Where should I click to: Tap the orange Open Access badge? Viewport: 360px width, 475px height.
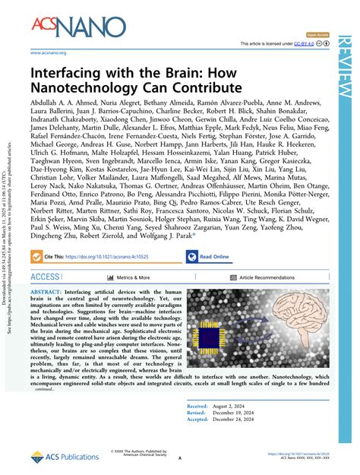(317, 35)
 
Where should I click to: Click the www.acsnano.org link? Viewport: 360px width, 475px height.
(48, 52)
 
